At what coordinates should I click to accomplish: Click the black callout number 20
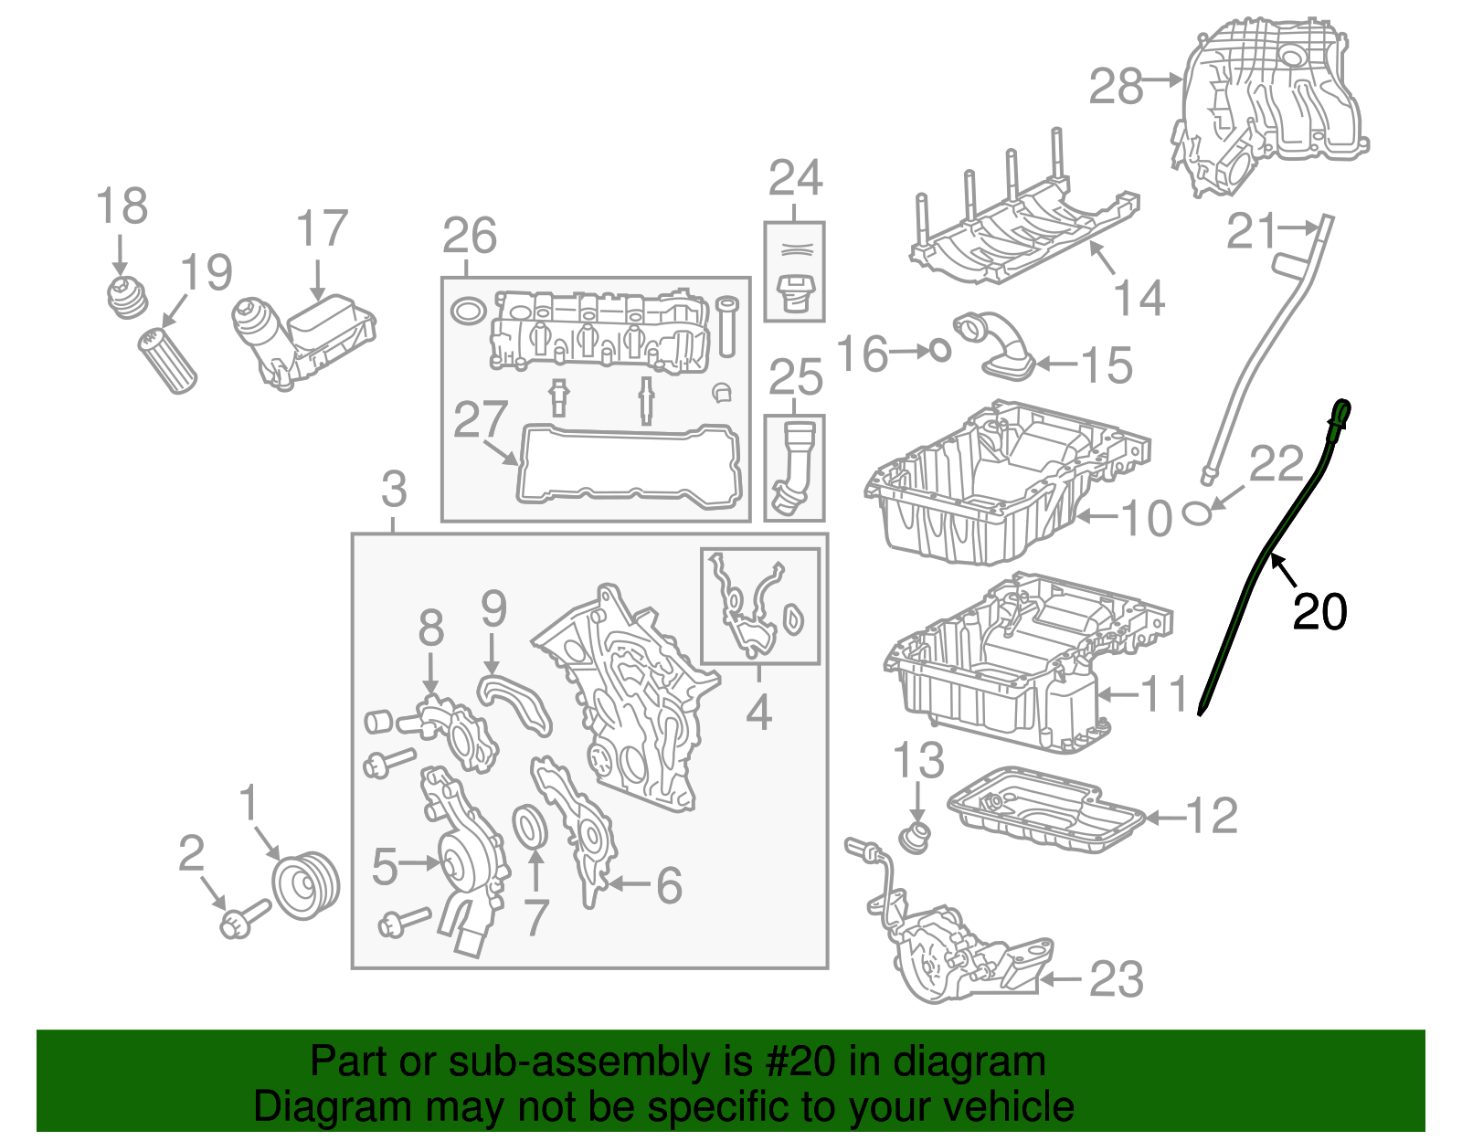(x=1319, y=612)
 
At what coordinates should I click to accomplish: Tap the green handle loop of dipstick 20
(x=1341, y=414)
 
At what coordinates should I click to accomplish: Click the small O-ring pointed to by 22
(x=1198, y=513)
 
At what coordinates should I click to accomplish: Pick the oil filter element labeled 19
(x=168, y=362)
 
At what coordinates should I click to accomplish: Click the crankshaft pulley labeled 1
(x=306, y=885)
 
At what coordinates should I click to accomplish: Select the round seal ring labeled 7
(x=529, y=827)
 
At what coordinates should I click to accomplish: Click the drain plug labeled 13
(x=914, y=837)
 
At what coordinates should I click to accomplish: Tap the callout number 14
(x=1139, y=298)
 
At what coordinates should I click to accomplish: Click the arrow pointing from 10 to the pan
(x=1096, y=517)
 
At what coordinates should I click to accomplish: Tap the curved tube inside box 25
(x=791, y=466)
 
